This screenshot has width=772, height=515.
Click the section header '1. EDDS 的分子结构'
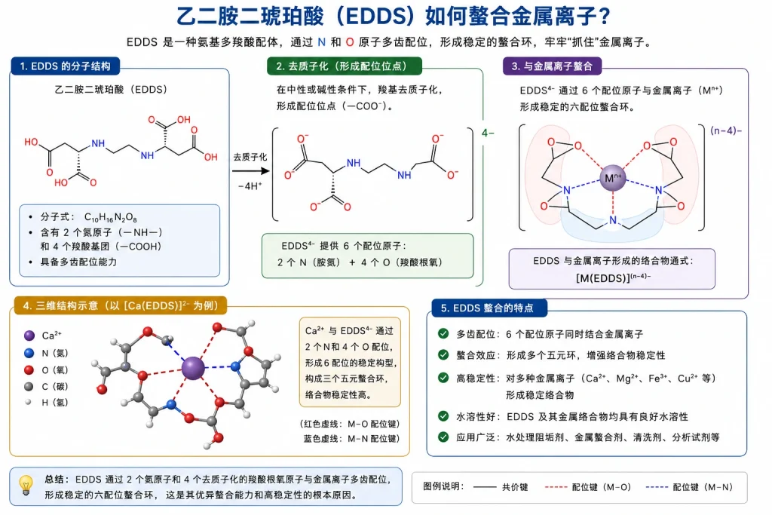point(65,66)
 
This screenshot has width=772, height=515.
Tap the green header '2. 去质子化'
point(344,66)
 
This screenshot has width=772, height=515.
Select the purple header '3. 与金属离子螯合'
point(552,66)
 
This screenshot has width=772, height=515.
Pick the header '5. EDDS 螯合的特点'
point(489,308)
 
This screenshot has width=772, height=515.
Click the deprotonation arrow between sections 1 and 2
point(250,171)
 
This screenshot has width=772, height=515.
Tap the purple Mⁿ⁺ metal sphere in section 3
point(612,178)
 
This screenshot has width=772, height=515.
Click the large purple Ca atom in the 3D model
point(193,368)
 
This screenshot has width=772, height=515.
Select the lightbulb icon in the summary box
point(26,485)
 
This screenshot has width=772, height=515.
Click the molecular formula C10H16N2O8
point(110,217)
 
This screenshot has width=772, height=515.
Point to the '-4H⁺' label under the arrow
point(250,186)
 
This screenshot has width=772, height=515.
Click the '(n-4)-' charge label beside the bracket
point(726,130)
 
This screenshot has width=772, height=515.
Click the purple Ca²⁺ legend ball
point(29,336)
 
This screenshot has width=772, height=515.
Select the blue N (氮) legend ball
point(29,353)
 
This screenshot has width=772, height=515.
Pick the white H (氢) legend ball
point(29,402)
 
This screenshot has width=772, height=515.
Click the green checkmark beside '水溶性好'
point(443,416)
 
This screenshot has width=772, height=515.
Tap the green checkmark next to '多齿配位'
point(443,334)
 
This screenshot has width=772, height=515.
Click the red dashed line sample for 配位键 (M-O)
point(556,487)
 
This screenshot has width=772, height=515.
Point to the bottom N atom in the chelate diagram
point(612,220)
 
